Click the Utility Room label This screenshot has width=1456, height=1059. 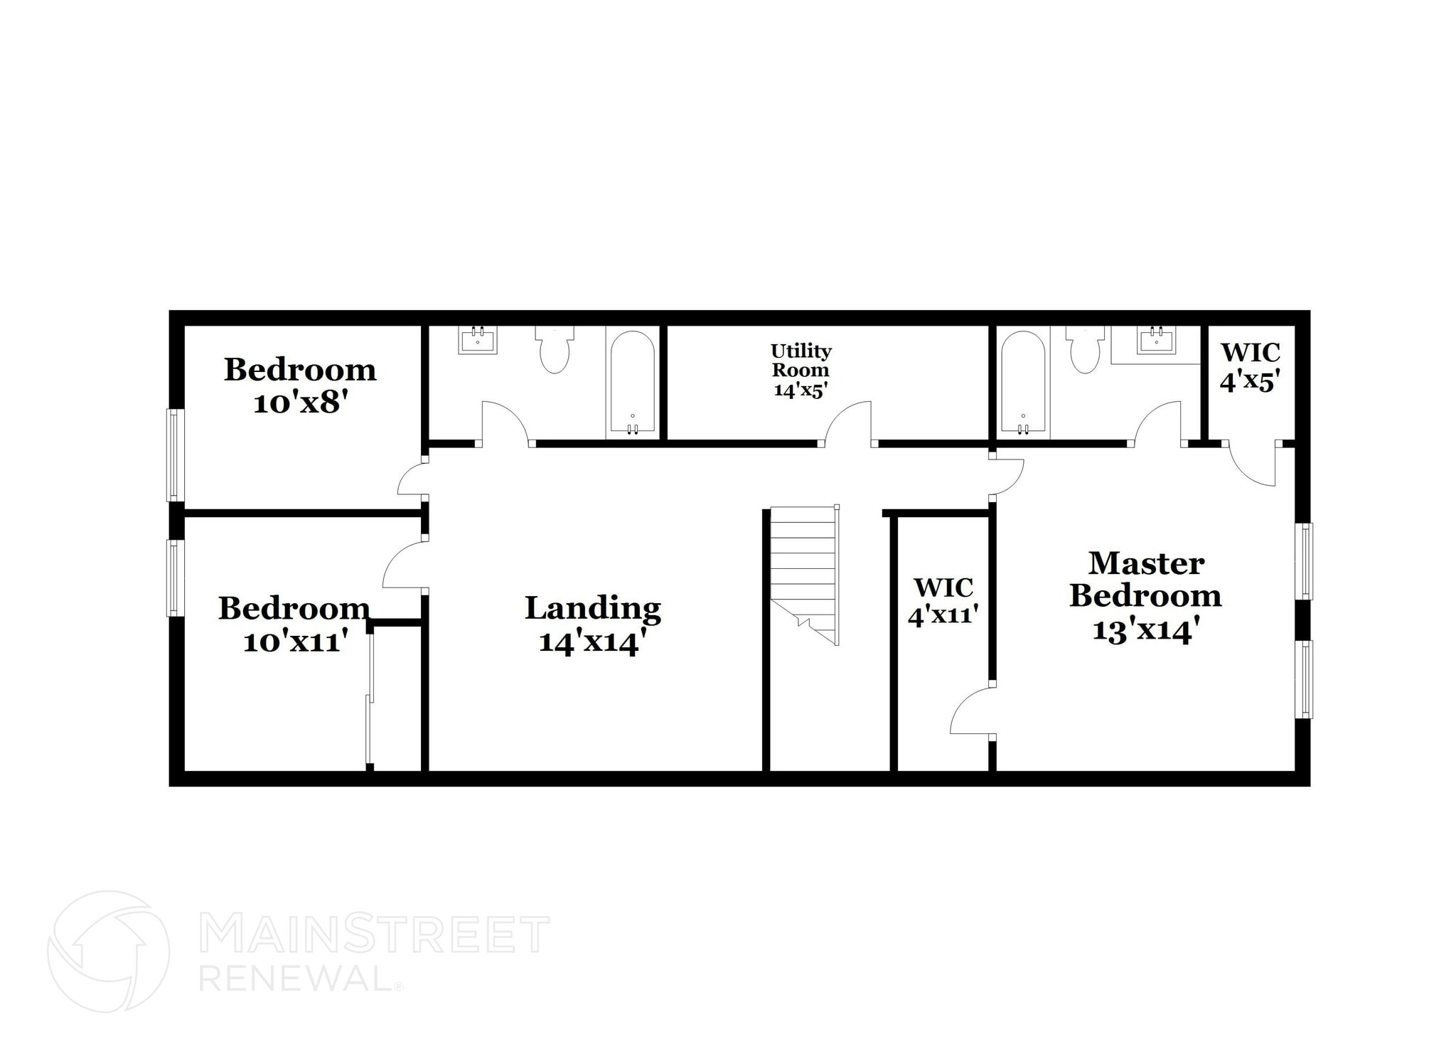(x=801, y=370)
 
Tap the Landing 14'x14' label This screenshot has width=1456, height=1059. (x=593, y=624)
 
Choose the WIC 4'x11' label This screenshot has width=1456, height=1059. (x=943, y=601)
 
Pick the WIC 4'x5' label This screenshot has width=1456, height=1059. (x=1250, y=367)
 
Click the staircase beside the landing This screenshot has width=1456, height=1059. (x=803, y=569)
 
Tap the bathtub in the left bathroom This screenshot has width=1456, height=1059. (x=632, y=384)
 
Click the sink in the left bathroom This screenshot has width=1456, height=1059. (x=478, y=340)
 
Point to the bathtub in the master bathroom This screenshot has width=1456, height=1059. (x=1023, y=384)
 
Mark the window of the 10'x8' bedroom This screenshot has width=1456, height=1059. (x=172, y=454)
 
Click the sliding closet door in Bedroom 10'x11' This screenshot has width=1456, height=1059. (x=369, y=697)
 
